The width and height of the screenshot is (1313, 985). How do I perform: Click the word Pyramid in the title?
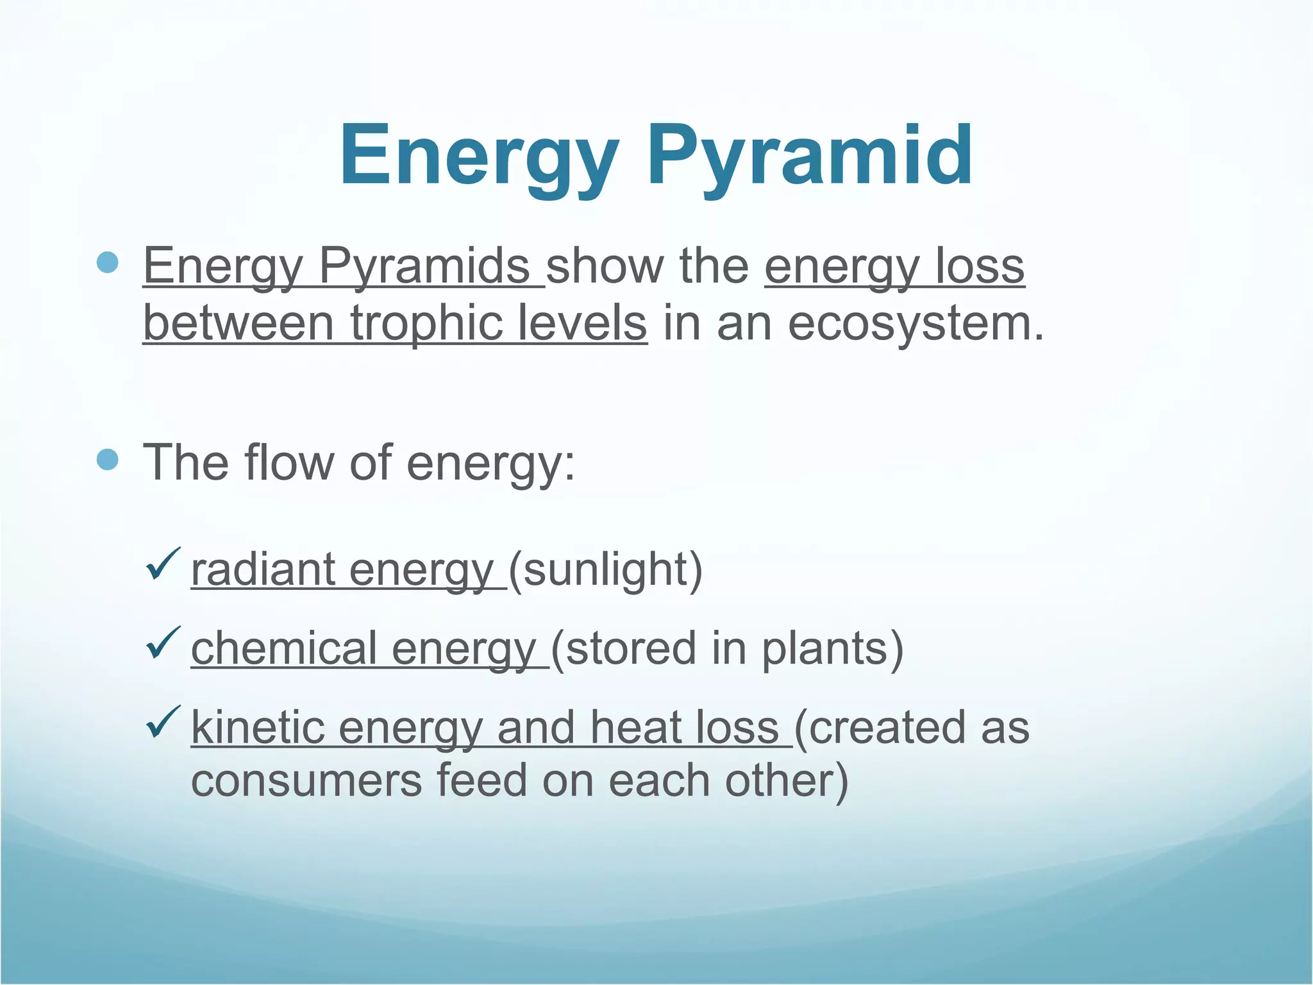[810, 157]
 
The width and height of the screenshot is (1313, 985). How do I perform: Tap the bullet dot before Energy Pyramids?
[108, 263]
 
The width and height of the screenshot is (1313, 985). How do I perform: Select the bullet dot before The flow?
[108, 459]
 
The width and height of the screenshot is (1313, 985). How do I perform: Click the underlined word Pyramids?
[424, 266]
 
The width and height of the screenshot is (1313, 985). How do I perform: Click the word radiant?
[263, 569]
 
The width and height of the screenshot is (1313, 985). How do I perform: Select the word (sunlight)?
[606, 569]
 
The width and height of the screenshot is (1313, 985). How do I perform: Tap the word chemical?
[283, 648]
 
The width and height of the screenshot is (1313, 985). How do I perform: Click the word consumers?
[306, 780]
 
